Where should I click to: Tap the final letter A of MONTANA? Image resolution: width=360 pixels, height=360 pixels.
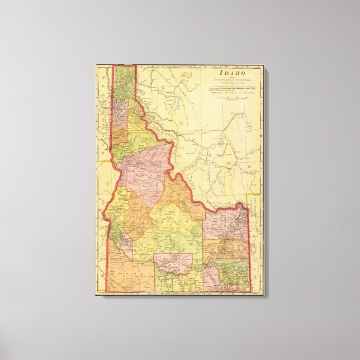click(x=244, y=167)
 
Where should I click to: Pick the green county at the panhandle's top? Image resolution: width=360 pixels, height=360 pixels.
click(x=124, y=84)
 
